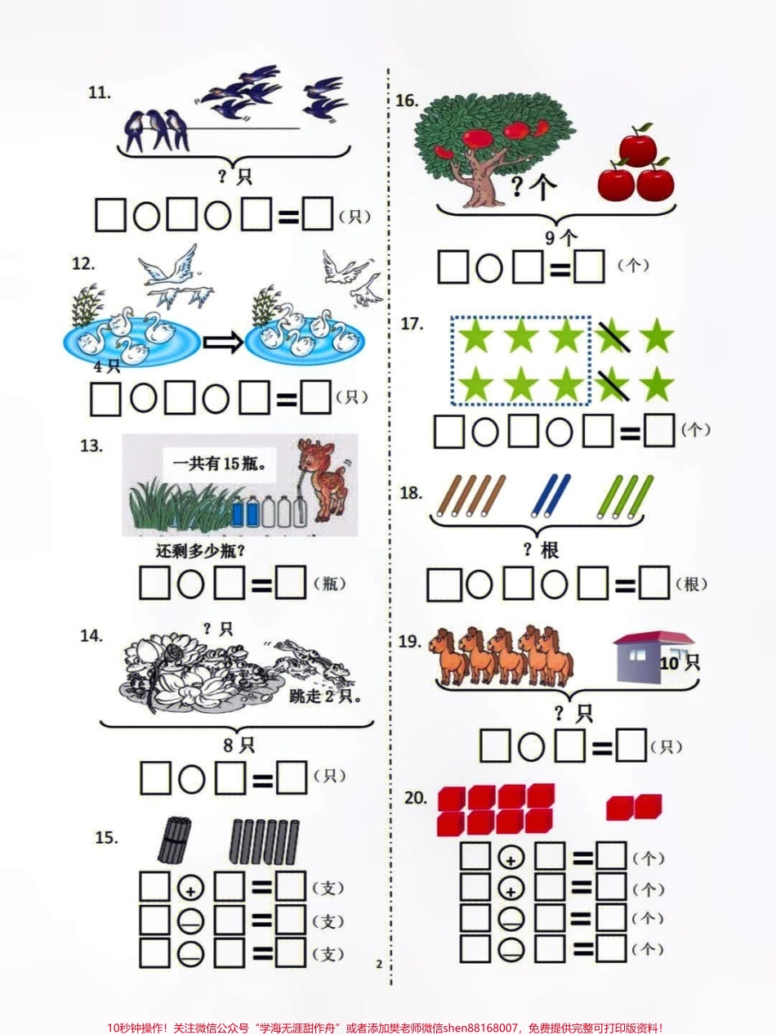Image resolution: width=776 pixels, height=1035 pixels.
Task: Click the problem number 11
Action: [99, 93]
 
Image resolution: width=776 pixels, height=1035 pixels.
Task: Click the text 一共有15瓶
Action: [220, 467]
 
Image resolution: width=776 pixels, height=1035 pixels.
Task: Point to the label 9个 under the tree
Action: [560, 238]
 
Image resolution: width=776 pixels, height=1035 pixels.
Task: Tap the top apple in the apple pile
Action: [637, 150]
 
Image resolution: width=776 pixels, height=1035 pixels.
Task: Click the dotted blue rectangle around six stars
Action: [520, 361]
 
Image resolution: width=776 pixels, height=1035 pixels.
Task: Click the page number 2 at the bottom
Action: [379, 965]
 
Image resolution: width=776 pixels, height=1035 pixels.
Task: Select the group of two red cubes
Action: [634, 808]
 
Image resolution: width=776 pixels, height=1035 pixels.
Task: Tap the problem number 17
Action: [412, 324]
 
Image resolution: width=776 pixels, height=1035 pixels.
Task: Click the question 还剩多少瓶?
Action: [200, 551]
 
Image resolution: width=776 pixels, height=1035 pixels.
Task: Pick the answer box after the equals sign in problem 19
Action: [631, 746]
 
